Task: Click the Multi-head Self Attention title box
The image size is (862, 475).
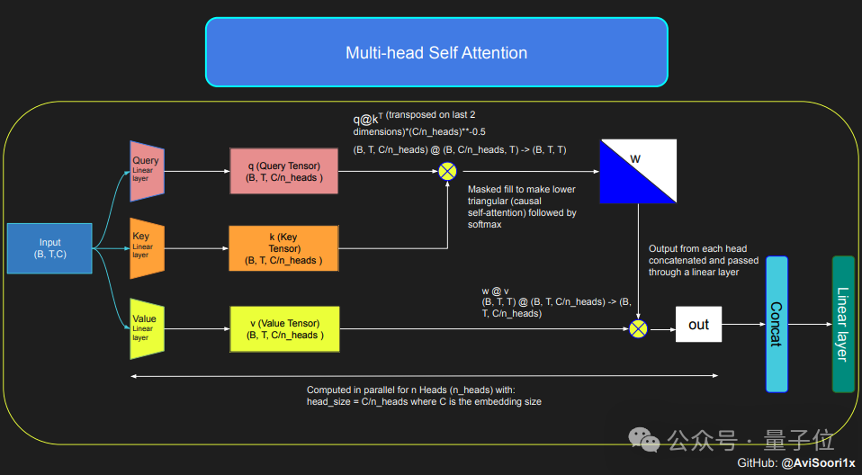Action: point(436,52)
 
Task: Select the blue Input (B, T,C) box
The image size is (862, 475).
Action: point(49,248)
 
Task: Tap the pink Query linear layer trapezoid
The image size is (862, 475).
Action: point(147,170)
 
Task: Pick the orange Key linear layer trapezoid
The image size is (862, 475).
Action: point(147,247)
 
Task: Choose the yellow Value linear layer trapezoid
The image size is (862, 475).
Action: point(147,325)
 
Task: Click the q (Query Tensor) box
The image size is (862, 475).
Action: point(283,171)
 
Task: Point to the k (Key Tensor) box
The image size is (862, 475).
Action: point(283,248)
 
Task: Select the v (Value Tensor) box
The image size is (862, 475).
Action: point(284,328)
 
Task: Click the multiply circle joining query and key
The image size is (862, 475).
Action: point(447,171)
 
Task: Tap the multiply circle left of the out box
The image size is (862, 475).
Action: point(638,328)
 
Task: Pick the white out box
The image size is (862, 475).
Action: point(698,325)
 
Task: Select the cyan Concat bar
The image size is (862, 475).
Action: point(777,324)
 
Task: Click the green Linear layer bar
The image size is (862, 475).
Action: point(843,324)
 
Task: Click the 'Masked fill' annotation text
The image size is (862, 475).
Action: point(522,207)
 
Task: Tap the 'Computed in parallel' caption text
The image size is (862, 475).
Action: point(424,396)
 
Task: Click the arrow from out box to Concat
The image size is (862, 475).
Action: point(743,325)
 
